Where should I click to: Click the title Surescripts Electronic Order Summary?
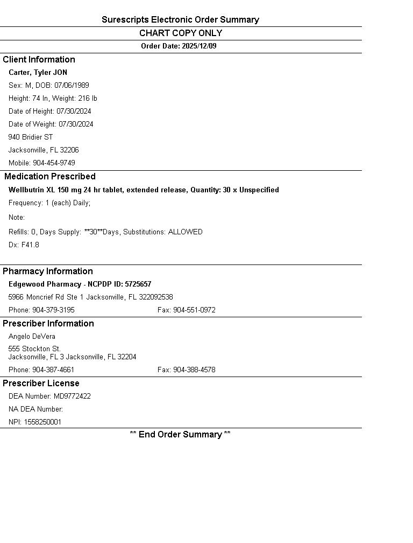[x=180, y=20]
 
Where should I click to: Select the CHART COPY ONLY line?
[x=180, y=33]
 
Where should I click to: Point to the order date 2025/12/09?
[x=199, y=46]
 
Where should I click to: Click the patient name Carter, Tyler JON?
[x=38, y=72]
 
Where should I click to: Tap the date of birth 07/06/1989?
[x=72, y=85]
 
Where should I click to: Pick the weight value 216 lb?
[x=88, y=98]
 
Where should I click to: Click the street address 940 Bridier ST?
[x=31, y=137]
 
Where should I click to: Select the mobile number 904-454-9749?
[x=54, y=163]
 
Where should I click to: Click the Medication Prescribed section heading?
[x=50, y=176]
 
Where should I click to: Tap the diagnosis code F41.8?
[x=30, y=245]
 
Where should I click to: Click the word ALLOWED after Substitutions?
[x=185, y=232]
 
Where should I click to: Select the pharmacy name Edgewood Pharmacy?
[x=44, y=284]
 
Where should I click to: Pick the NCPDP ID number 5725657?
[x=138, y=284]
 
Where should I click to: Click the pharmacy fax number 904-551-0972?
[x=194, y=310]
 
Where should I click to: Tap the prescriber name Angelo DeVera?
[x=32, y=336]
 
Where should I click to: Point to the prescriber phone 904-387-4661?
[x=53, y=370]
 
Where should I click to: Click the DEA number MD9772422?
[x=72, y=396]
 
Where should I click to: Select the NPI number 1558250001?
[x=42, y=422]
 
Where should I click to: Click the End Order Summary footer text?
[x=180, y=434]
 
